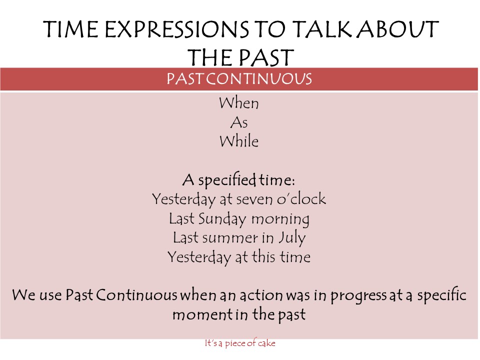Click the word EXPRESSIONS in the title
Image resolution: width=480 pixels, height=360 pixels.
(176, 29)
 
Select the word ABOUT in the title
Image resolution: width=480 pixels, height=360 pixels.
(398, 29)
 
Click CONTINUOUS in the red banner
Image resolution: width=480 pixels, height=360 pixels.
(259, 78)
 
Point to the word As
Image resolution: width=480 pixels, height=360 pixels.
(239, 122)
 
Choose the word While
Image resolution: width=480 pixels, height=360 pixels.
(239, 141)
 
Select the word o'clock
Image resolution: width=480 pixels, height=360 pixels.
(301, 199)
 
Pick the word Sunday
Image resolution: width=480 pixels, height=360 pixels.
(222, 219)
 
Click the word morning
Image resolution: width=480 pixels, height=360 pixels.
(280, 219)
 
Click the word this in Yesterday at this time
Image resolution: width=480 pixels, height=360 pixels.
(263, 257)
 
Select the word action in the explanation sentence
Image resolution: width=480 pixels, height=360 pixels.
(261, 295)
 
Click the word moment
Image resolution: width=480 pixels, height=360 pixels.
(202, 314)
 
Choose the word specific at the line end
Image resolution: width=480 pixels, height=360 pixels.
(441, 295)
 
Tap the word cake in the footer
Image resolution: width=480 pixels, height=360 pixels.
(266, 343)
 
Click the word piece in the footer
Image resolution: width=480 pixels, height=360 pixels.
(235, 343)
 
